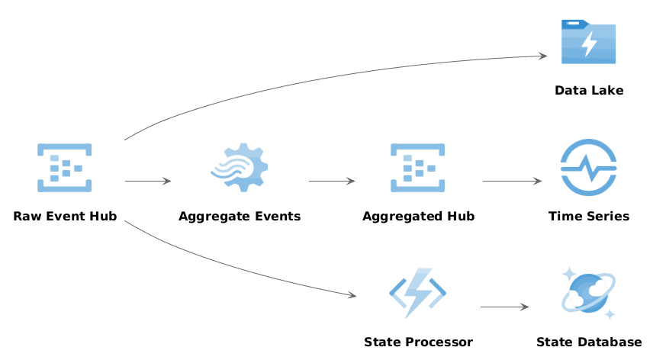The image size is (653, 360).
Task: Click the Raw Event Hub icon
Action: click(x=65, y=167)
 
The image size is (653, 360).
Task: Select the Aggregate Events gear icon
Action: click(x=240, y=167)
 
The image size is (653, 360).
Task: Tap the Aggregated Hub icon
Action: click(x=418, y=167)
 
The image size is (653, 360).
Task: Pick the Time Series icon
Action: click(x=588, y=167)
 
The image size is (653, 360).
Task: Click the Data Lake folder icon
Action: click(x=588, y=42)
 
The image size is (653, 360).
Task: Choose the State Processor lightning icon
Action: click(x=418, y=293)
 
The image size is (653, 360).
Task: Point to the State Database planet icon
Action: click(x=588, y=293)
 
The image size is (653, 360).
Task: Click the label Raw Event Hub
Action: click(x=65, y=217)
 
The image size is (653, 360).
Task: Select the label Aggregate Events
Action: click(x=240, y=217)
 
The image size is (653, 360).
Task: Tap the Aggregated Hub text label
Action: click(x=418, y=217)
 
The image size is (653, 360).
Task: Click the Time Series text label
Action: click(x=588, y=217)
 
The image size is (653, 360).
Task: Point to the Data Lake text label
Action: click(x=588, y=91)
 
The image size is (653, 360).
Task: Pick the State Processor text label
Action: click(x=418, y=342)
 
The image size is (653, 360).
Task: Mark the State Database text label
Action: click(x=588, y=342)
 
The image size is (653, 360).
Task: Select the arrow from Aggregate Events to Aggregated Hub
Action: click(x=332, y=181)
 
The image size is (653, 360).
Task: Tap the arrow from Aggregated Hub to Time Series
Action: click(x=512, y=181)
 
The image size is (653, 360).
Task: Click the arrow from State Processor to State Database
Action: click(x=504, y=307)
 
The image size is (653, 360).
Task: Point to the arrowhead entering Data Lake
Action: click(x=543, y=56)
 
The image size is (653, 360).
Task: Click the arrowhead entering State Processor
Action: click(x=352, y=295)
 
